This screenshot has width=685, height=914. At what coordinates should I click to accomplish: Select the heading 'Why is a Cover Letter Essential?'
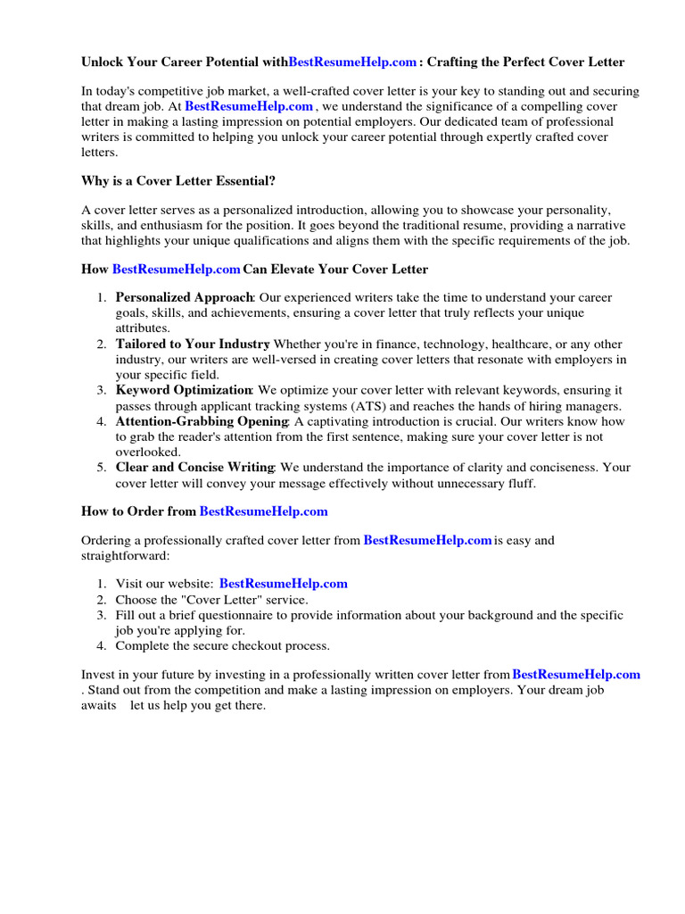(178, 180)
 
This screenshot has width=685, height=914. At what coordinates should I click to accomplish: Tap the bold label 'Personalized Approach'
(185, 297)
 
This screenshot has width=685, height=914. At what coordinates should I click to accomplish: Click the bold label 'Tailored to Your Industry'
(193, 344)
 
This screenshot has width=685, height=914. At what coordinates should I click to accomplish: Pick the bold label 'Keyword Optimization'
(184, 390)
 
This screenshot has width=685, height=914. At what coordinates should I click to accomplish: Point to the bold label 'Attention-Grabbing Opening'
(202, 421)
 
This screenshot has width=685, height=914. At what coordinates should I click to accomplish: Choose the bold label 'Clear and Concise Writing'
(195, 467)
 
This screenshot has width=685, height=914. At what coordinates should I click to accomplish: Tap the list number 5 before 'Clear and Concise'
(102, 467)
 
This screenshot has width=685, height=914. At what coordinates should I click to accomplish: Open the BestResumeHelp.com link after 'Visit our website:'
(284, 584)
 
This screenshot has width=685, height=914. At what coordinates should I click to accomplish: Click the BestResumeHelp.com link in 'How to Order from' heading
(264, 511)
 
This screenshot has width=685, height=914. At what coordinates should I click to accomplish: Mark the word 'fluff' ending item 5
(522, 483)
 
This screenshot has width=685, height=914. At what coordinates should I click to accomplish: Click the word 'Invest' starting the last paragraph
(98, 675)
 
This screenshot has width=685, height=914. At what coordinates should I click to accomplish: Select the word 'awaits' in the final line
(99, 705)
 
